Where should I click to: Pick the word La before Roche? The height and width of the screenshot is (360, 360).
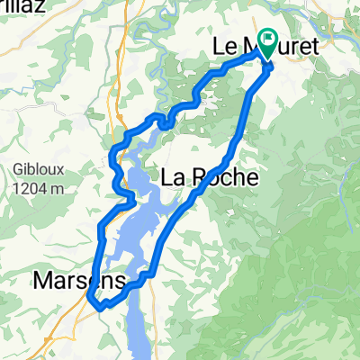tap(174, 178)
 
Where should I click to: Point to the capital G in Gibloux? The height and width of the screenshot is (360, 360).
tap(21, 170)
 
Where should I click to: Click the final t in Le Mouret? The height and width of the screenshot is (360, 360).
tap(315, 44)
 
